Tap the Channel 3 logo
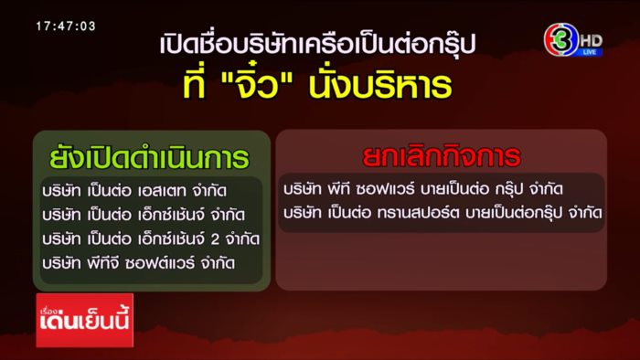[560, 40]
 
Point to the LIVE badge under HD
[591, 53]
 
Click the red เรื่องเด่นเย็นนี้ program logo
[84, 321]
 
